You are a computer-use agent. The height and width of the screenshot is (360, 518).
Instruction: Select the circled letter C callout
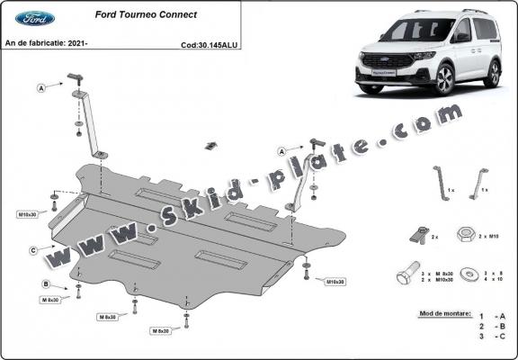pyautogui.click(x=33, y=250)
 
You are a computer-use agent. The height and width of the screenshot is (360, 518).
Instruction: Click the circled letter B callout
pyautogui.click(x=44, y=284)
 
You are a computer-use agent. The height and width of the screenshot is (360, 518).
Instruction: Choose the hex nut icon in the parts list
pyautogui.click(x=466, y=234)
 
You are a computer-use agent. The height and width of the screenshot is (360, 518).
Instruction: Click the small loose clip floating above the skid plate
pyautogui.click(x=211, y=146)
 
